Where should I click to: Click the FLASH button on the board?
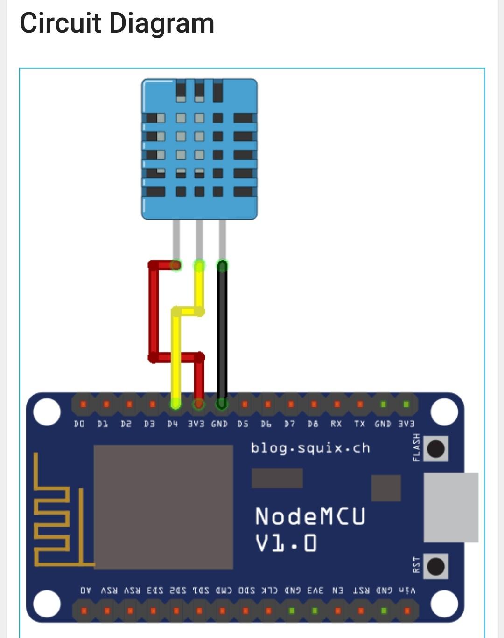coord(436,448)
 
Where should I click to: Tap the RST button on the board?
coord(436,566)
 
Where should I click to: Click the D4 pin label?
coord(173,424)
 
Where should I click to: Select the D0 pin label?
coord(80,424)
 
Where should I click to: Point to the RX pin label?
coord(336,424)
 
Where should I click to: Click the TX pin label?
coord(359,424)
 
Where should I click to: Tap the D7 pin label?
coord(289,424)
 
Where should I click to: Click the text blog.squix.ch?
coord(310,448)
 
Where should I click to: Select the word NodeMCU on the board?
coord(310,516)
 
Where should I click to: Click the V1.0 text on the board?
coord(286,543)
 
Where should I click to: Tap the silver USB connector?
coord(450,507)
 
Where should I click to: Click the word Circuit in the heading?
coord(60,23)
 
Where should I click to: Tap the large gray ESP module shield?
coord(163,507)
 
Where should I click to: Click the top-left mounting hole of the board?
coord(47,412)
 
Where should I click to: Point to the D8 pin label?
coord(313,424)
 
